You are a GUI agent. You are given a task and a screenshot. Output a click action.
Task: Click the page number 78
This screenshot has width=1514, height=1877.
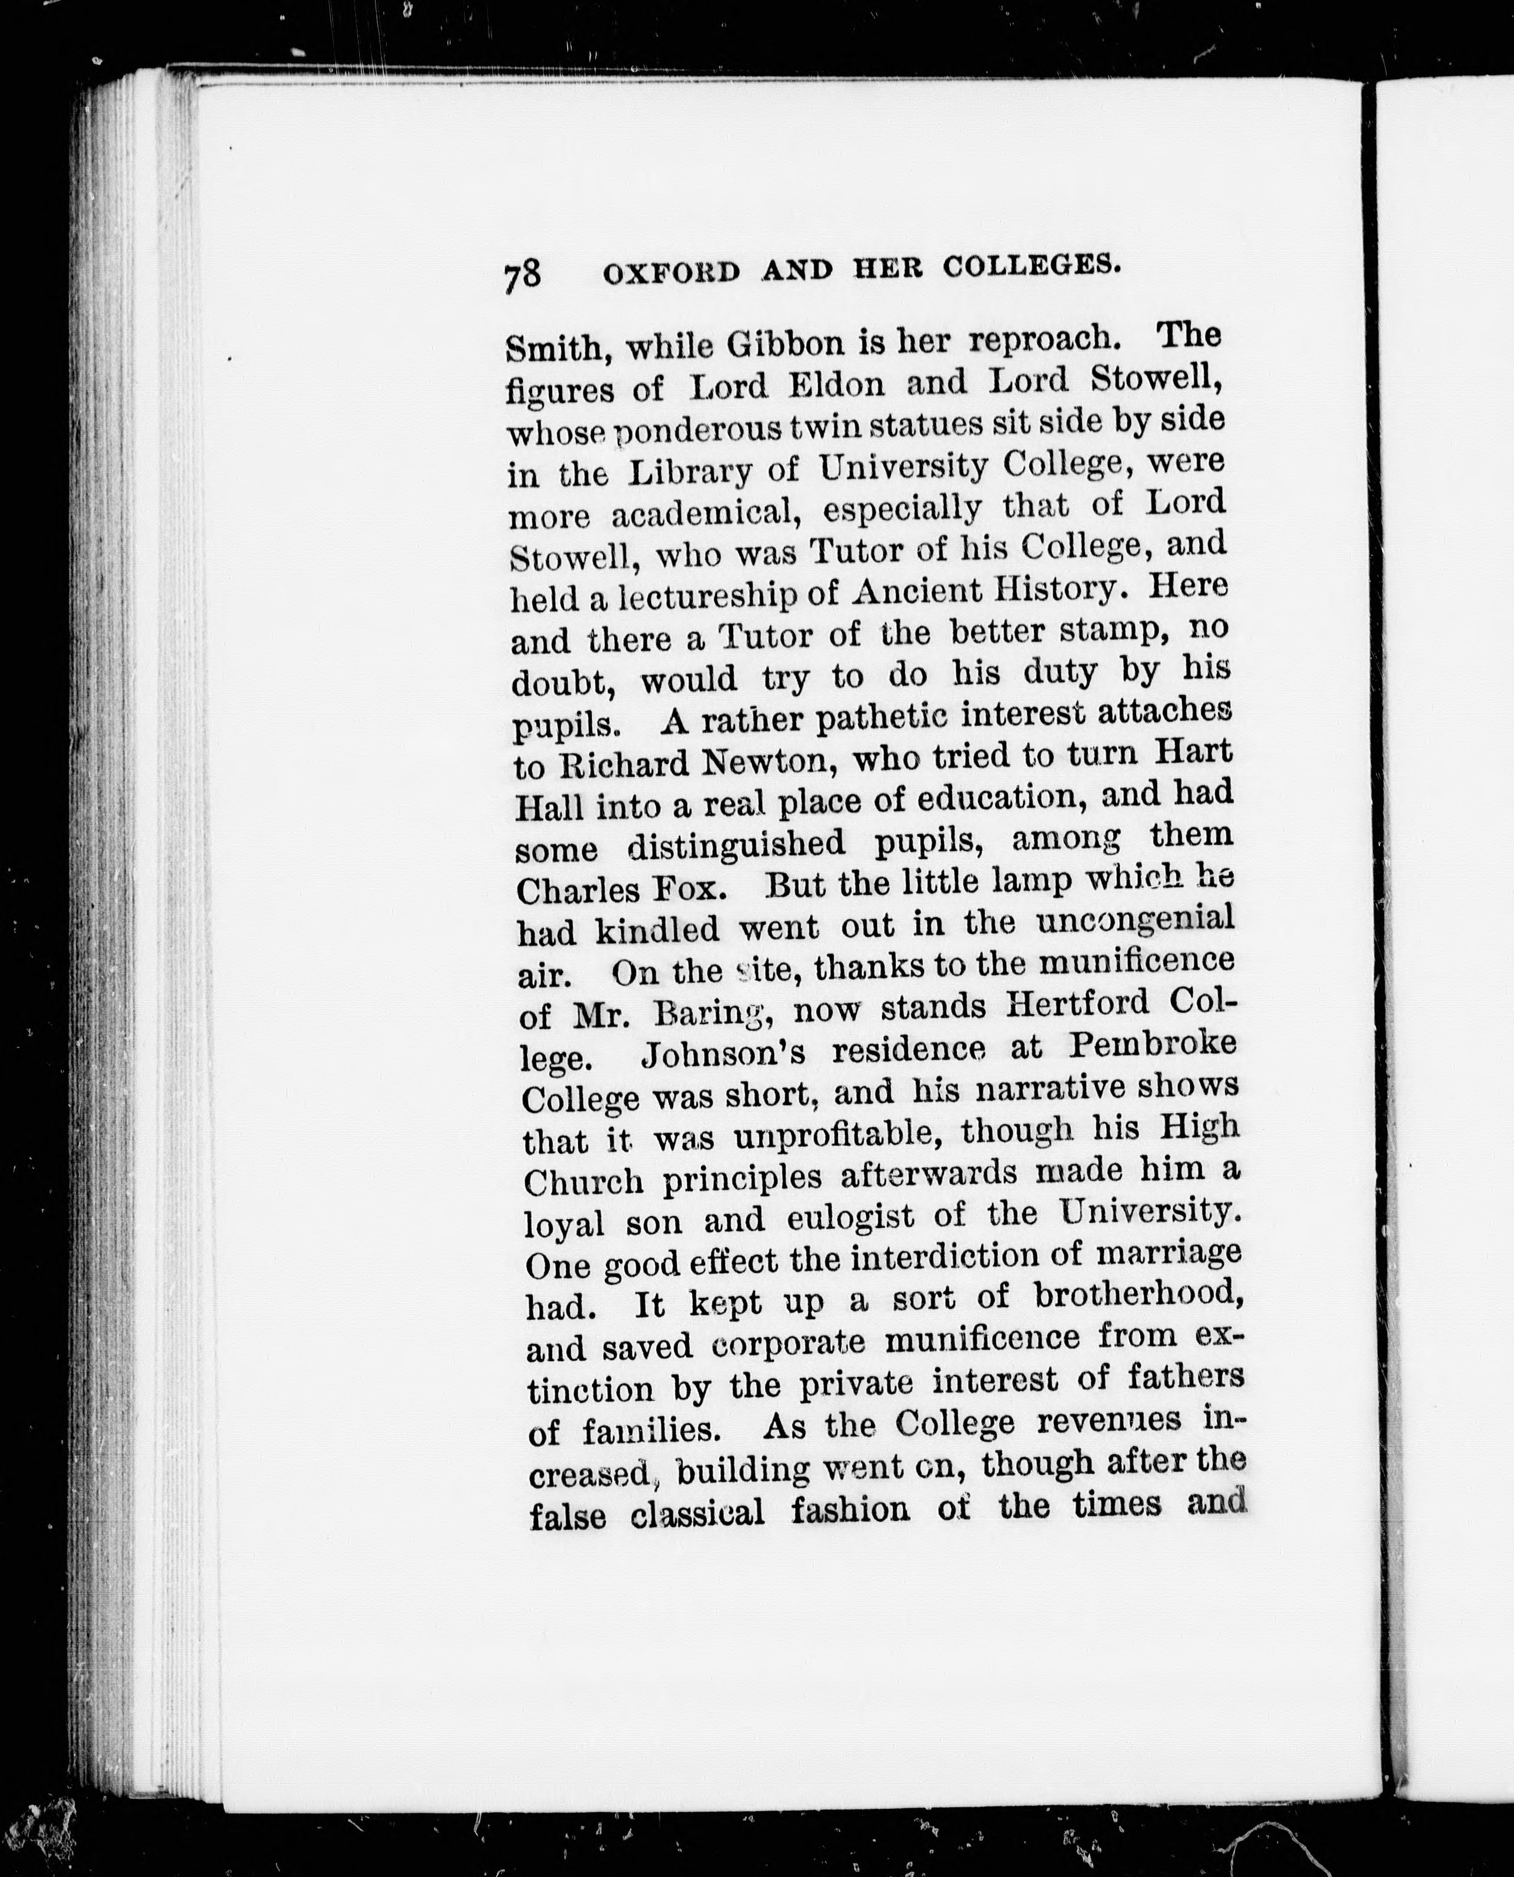point(522,275)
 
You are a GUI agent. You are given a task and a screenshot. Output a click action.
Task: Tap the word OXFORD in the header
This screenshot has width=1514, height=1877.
point(671,273)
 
